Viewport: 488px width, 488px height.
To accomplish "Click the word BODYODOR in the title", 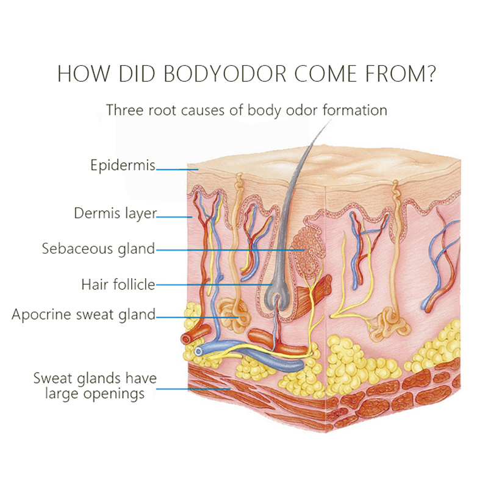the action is [224, 74].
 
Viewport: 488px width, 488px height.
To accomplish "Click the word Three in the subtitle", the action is [125, 110].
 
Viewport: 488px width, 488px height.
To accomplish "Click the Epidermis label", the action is [123, 165].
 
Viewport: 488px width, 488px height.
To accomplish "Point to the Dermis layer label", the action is [115, 213].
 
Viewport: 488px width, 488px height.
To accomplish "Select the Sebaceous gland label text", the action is [98, 249].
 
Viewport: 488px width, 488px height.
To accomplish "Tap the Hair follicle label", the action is [118, 284].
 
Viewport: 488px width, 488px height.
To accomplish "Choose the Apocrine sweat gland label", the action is [84, 314].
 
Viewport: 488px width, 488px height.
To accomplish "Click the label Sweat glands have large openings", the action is [95, 386].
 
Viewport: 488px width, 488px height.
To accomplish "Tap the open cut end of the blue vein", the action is [198, 352].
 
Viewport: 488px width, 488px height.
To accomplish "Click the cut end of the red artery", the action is [186, 339].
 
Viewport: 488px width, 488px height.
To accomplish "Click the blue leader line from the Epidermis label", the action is [177, 170].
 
